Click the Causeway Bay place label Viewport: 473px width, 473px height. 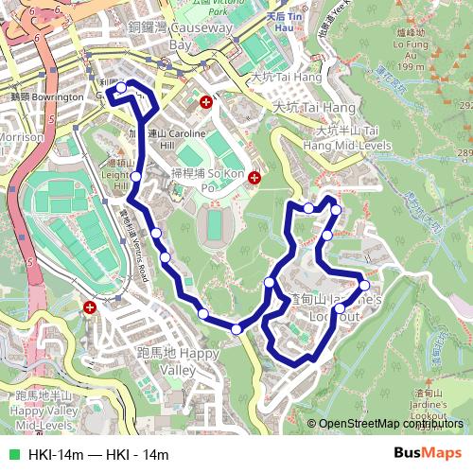tap(201, 37)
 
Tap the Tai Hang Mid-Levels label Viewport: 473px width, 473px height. tap(347, 138)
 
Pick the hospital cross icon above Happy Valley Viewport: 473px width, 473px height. tap(90, 307)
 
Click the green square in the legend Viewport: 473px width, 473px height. tap(13, 455)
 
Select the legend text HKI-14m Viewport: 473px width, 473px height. tap(55, 455)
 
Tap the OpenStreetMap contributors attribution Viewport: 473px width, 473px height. tap(391, 424)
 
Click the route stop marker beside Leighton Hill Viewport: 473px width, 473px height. tap(136, 177)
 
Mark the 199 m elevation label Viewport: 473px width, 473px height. tap(411, 66)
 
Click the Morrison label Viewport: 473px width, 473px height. tap(21, 136)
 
